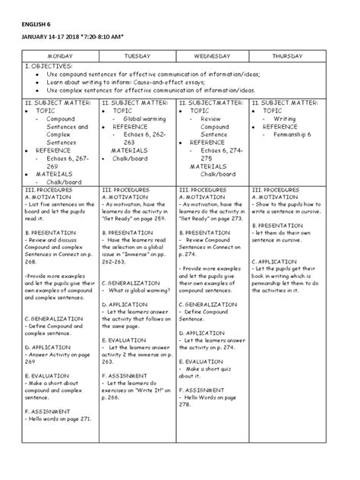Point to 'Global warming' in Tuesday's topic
(x=144, y=119)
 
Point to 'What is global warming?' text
(x=141, y=290)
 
